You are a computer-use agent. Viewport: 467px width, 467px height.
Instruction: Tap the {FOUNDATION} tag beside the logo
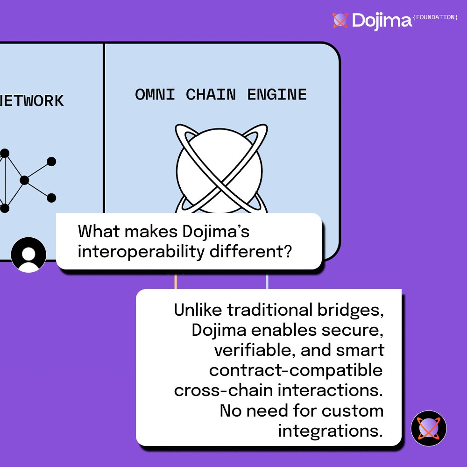point(436,17)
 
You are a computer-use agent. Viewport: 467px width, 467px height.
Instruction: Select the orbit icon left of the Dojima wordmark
point(340,20)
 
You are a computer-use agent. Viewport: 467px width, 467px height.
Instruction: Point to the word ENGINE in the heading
point(277,95)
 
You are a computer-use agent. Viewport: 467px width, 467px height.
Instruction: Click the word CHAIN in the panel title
point(211,95)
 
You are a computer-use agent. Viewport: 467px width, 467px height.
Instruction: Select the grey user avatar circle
point(28,255)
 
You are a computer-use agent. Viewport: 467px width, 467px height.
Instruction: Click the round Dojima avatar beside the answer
point(429,428)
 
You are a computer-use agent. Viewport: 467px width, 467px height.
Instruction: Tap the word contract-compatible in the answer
point(296,370)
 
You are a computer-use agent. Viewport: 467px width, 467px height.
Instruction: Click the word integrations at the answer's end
point(331,431)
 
